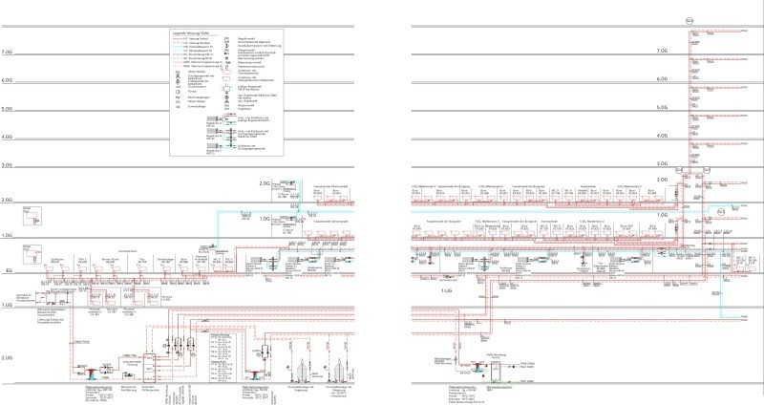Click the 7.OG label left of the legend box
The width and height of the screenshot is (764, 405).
tap(11, 52)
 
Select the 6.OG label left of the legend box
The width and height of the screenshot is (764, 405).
tap(11, 81)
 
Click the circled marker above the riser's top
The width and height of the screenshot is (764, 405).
tap(690, 18)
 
